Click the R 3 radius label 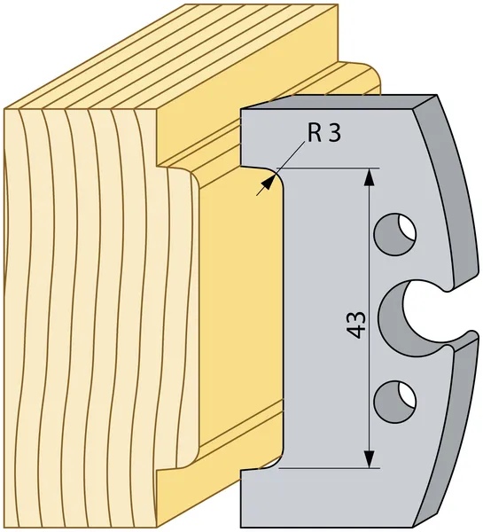[324, 133]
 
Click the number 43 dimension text [357, 325]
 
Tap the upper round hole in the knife [394, 234]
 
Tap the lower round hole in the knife [394, 402]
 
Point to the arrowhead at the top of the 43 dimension [369, 177]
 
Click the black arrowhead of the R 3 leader [269, 183]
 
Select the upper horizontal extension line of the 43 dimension [328, 168]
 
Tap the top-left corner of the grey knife [240, 109]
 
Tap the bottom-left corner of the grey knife [240, 528]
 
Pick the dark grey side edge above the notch [448, 190]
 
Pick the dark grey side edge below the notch [451, 431]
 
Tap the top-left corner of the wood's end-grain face [4, 109]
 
